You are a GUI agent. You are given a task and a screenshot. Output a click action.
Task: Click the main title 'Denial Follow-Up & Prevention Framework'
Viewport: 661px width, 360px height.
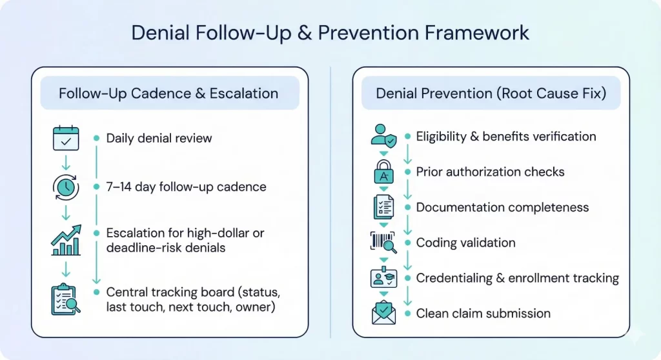(330, 33)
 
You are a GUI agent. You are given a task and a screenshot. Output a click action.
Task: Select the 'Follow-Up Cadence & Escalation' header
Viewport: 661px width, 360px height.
(168, 93)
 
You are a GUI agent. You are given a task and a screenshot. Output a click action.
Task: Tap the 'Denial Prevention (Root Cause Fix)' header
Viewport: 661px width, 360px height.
(491, 93)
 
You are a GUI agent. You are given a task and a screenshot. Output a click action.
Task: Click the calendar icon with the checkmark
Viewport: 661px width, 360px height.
(66, 139)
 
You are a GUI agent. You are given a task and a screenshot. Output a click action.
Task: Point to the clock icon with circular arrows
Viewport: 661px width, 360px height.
(66, 188)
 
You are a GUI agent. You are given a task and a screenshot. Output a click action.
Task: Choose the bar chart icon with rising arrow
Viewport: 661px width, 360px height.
(66, 239)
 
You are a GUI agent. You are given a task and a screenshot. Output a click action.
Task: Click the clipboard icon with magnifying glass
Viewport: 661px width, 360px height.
(66, 299)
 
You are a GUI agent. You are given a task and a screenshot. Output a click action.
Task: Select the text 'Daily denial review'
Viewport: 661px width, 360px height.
(159, 138)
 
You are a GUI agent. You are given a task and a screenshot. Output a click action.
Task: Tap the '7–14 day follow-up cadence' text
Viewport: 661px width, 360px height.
(186, 187)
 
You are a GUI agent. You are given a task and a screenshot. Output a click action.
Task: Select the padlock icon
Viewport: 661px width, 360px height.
(383, 172)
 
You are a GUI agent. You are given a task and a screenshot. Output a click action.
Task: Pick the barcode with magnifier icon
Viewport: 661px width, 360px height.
(383, 243)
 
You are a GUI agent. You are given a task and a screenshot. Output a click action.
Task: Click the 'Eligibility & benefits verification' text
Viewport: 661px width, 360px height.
(506, 136)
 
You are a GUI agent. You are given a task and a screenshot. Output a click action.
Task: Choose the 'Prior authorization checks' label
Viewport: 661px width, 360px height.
(490, 172)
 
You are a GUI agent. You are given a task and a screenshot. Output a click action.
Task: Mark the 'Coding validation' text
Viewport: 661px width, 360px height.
(465, 243)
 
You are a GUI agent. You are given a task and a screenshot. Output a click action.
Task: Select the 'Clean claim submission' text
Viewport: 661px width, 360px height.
(483, 314)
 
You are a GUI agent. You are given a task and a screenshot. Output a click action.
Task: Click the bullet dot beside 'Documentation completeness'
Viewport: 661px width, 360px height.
(407, 207)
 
